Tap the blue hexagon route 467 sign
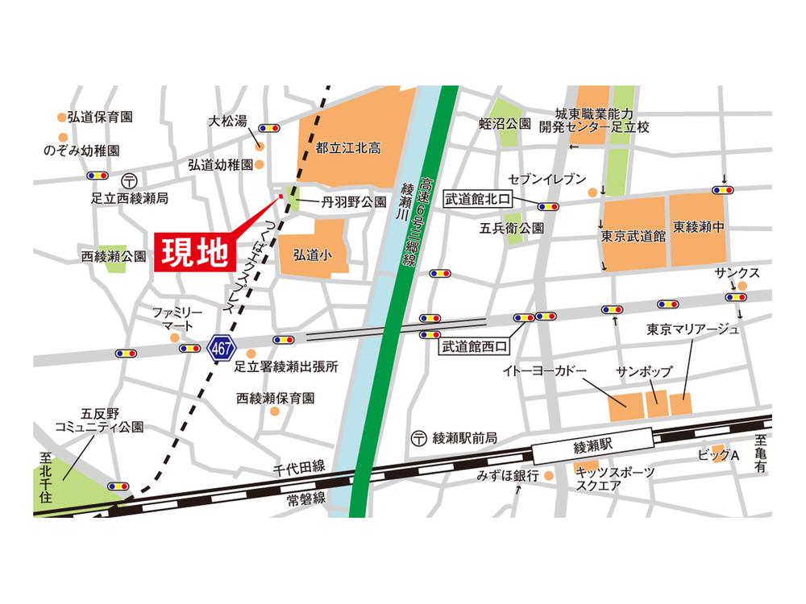coord(218,348)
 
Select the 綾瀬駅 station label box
coord(594,443)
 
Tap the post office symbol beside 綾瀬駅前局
coord(418,438)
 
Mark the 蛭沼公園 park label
coord(505,123)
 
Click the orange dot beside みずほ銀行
coord(549,475)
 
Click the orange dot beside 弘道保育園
coord(61,117)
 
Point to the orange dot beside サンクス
coord(742,286)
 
